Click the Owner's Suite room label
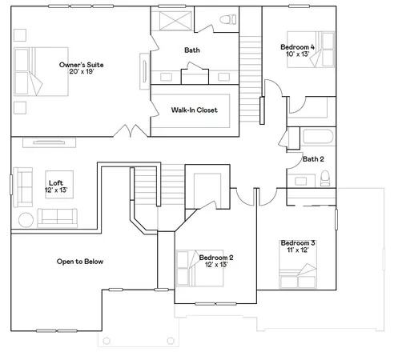82,64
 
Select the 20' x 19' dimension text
82,72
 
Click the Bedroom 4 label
297,47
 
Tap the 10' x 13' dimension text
296,55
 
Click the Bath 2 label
312,158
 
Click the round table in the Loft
24,219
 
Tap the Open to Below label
80,262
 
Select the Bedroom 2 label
215,257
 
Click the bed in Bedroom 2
192,264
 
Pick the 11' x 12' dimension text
297,250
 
